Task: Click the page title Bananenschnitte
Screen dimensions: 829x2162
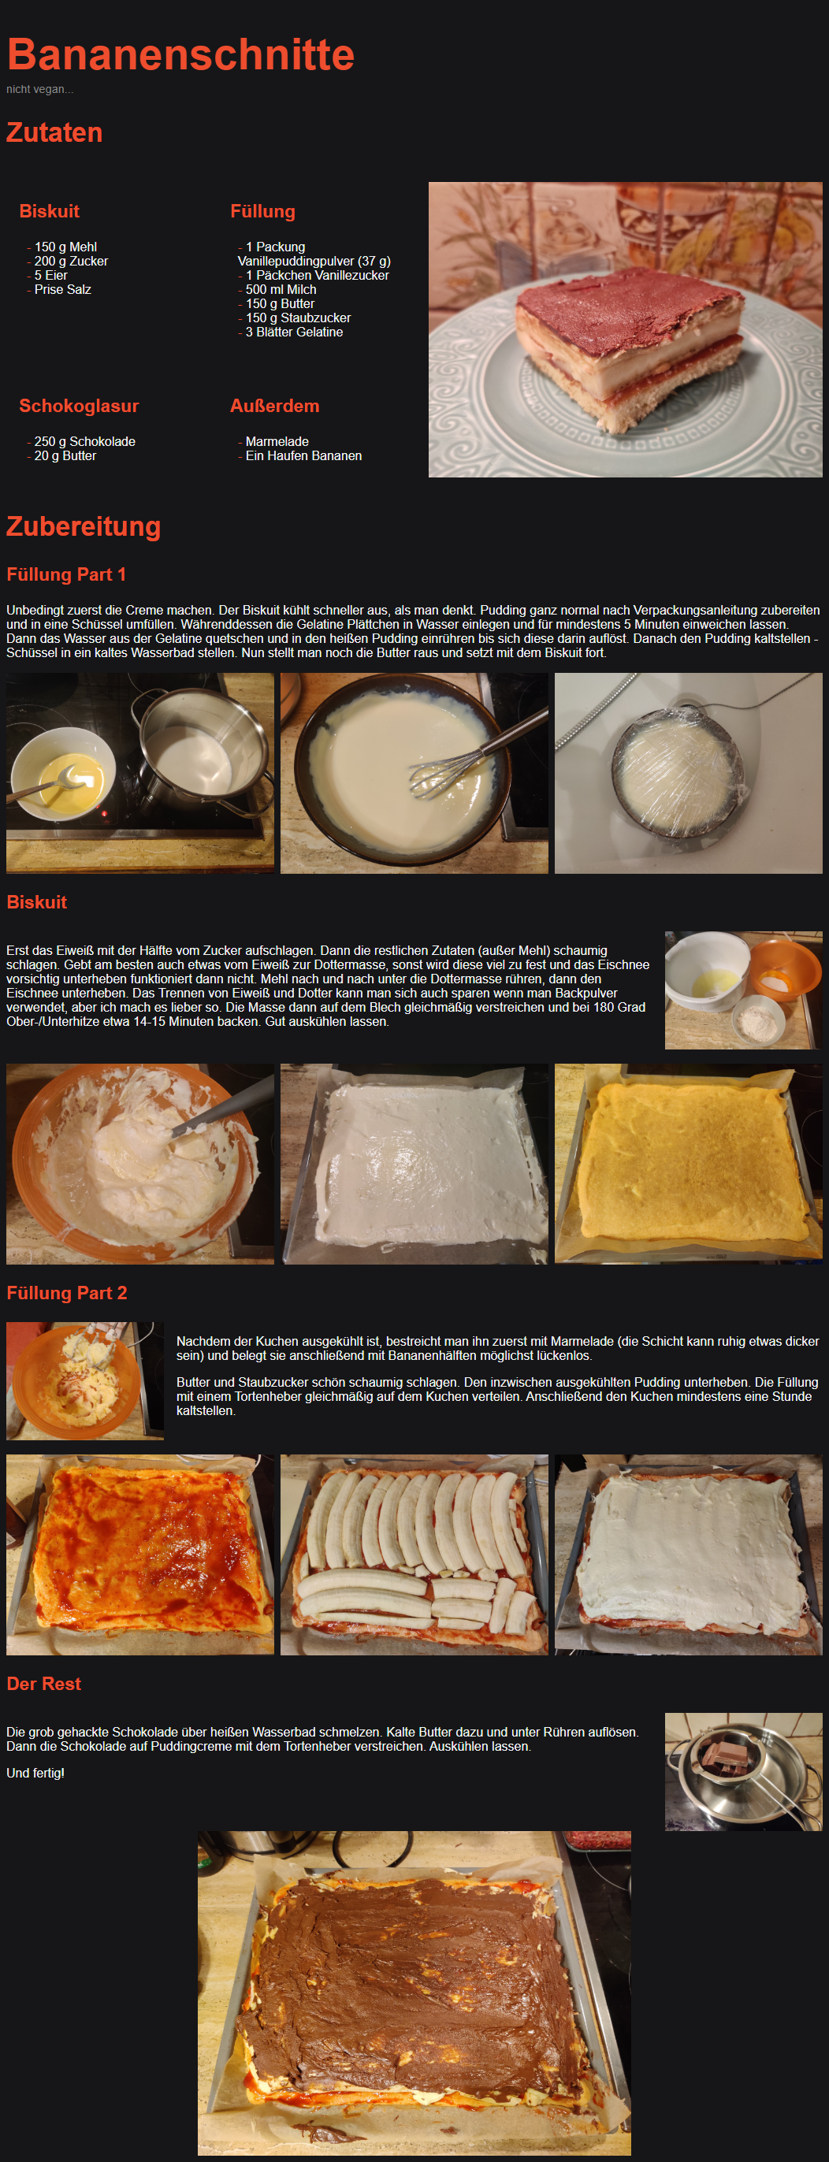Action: (x=180, y=54)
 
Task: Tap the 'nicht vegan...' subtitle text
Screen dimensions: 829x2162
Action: (x=39, y=89)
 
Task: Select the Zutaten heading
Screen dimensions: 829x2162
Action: (x=54, y=132)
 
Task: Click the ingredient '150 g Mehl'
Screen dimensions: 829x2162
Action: (x=65, y=247)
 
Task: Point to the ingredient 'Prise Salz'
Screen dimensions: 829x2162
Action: (x=63, y=290)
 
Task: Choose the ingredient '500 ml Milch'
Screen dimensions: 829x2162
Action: (x=281, y=290)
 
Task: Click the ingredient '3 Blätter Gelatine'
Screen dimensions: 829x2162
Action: (x=295, y=332)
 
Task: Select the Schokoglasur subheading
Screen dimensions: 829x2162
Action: (x=79, y=407)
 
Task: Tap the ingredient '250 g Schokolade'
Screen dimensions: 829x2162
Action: (x=85, y=441)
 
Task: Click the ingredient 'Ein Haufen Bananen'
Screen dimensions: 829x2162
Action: (x=303, y=455)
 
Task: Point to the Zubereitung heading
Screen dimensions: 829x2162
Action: (x=84, y=526)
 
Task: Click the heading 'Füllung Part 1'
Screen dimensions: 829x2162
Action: (x=66, y=575)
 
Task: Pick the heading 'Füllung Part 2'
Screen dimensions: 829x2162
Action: (x=67, y=1294)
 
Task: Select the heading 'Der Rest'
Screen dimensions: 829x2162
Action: (x=43, y=1684)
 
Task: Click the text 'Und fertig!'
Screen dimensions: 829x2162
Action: (x=35, y=1774)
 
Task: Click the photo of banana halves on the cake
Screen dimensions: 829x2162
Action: (x=414, y=1555)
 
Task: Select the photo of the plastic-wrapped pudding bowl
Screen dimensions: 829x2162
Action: (x=688, y=773)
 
